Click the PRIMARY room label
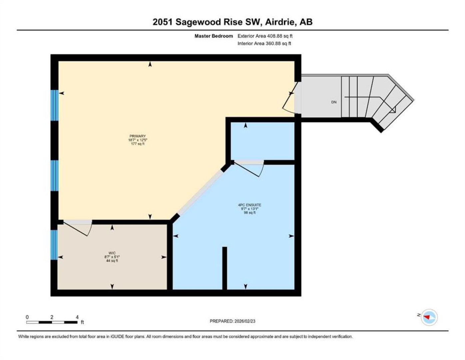(138, 136)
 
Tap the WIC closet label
(112, 253)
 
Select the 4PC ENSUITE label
(250, 205)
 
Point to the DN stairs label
(334, 102)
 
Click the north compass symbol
(429, 317)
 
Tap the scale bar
(52, 322)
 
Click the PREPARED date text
(232, 321)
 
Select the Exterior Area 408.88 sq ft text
(265, 36)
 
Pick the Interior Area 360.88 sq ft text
(264, 43)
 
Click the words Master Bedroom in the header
(214, 36)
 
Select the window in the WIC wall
(54, 245)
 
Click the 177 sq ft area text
(138, 144)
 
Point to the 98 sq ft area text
(250, 213)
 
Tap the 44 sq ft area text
(112, 261)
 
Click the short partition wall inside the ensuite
(225, 268)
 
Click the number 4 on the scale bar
(77, 317)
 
